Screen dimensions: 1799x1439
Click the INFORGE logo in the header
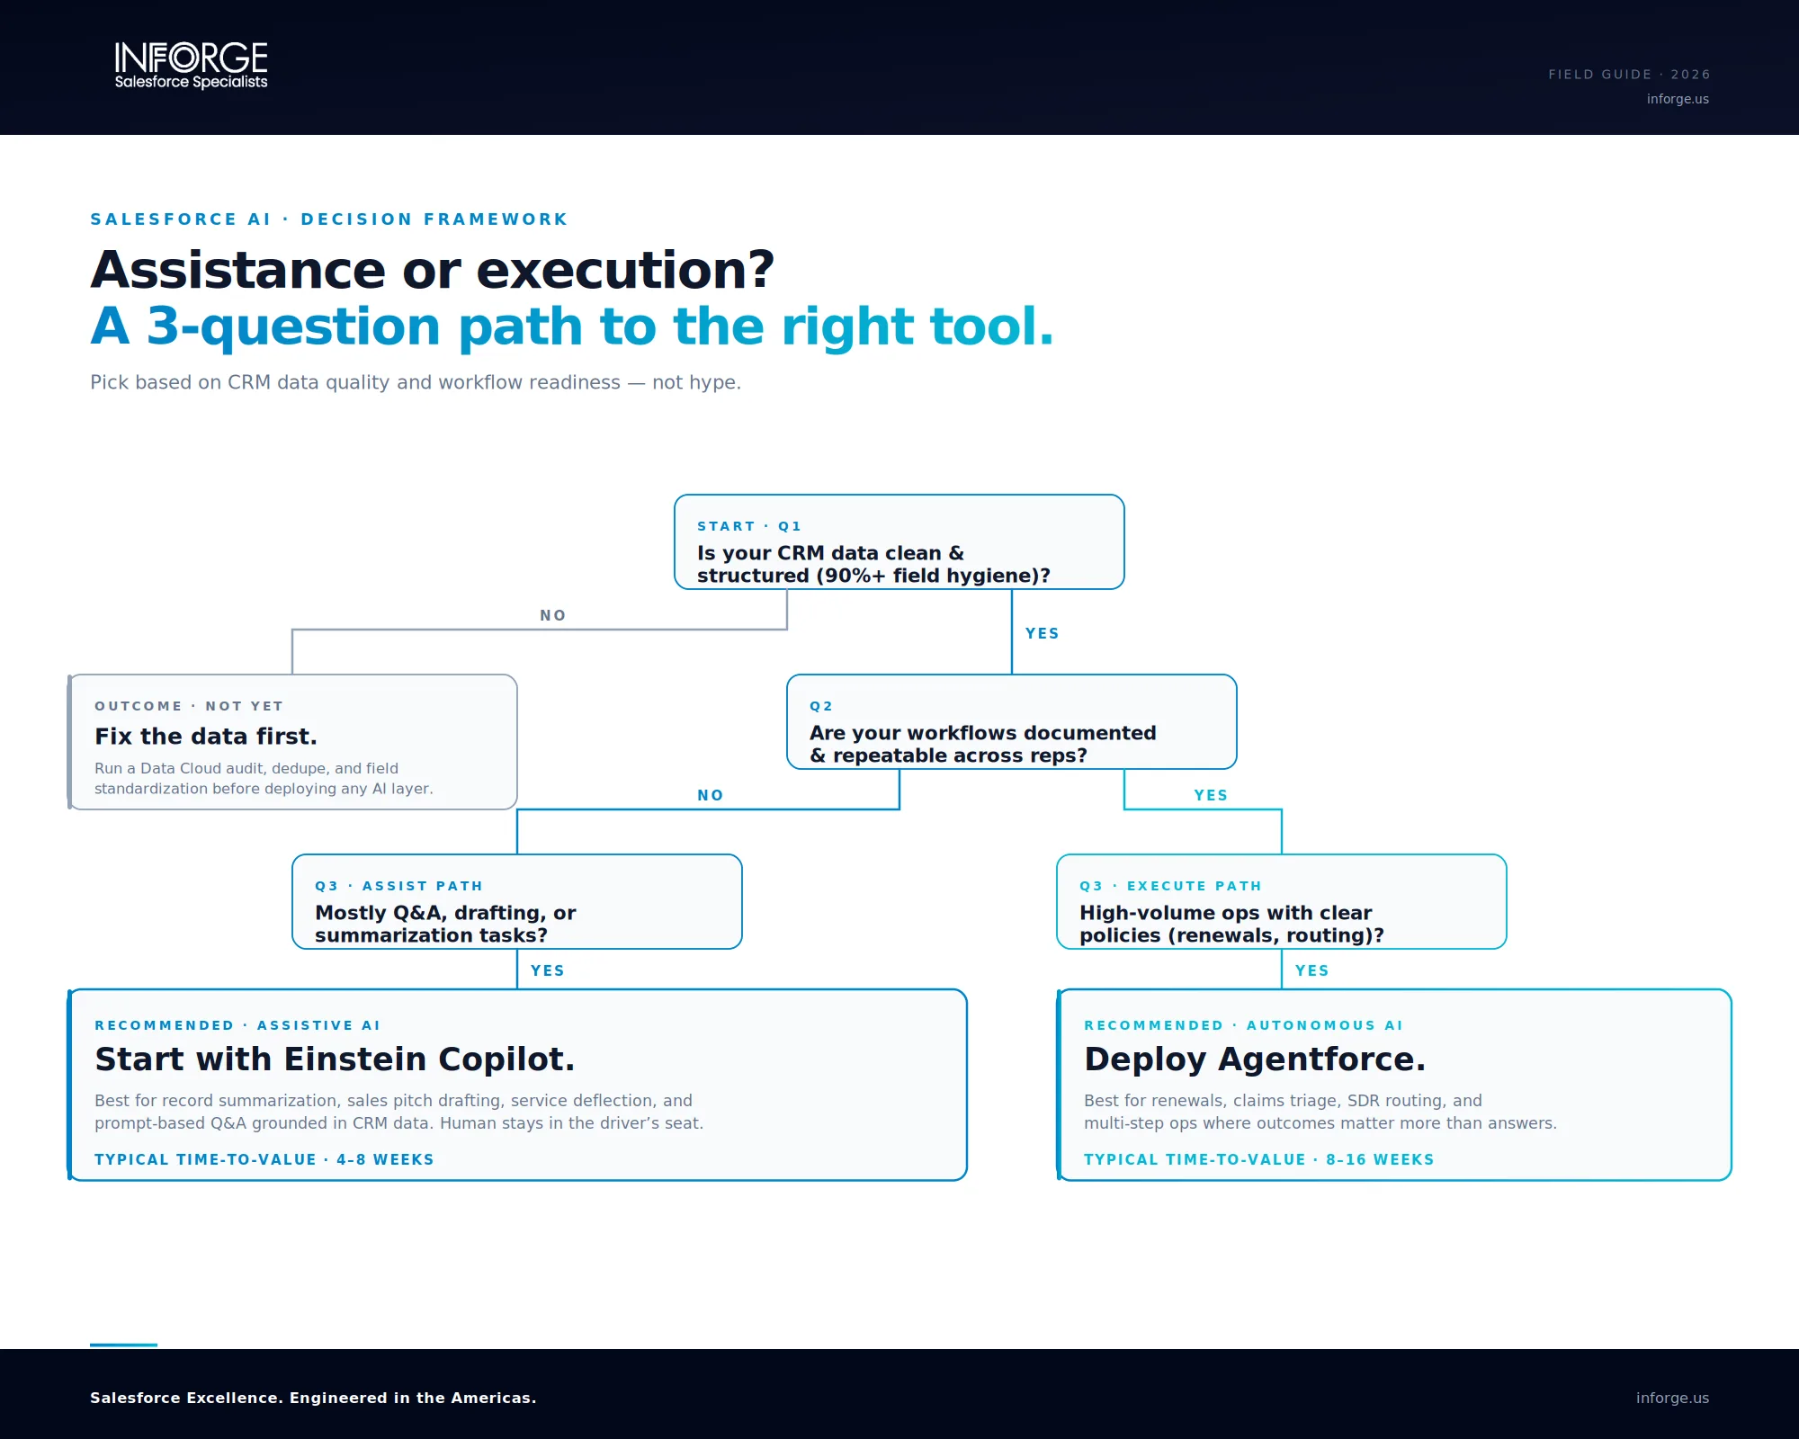(x=191, y=66)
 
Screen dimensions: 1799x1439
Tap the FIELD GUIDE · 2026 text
(x=1629, y=75)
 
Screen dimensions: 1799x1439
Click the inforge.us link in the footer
(x=1672, y=1398)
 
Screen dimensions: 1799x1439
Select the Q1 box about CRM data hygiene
(x=899, y=542)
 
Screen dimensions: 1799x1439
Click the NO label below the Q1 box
(x=553, y=615)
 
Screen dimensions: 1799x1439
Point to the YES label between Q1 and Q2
(x=1043, y=633)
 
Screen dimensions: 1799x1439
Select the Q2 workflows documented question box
(x=1012, y=722)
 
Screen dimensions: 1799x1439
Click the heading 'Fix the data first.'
(x=206, y=737)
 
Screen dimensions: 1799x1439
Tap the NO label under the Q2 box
(x=711, y=795)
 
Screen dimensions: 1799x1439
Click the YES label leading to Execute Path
(x=1211, y=795)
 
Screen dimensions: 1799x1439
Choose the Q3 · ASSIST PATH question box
(x=517, y=902)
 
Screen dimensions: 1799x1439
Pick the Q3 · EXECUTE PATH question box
(x=1282, y=902)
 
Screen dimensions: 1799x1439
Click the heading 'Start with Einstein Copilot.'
(x=335, y=1059)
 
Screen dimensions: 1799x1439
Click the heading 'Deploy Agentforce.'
(x=1255, y=1059)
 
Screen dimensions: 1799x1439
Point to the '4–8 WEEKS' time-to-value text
(x=385, y=1159)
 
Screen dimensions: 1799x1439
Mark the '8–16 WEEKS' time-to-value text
(x=1380, y=1159)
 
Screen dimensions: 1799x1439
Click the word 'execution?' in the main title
(x=625, y=270)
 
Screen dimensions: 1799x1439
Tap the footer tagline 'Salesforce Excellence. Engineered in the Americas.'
(x=313, y=1398)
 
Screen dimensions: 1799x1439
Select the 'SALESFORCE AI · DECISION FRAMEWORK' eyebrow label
(x=329, y=219)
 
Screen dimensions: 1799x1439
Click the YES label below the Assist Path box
(x=548, y=970)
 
